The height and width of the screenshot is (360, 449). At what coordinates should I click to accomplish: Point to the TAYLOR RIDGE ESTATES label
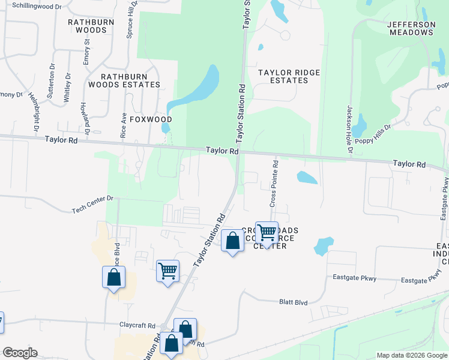289,76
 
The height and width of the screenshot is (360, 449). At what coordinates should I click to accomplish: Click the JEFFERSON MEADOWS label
411,28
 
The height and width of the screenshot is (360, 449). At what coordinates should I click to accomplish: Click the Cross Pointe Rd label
274,184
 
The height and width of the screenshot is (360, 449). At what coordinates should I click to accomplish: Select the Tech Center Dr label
92,209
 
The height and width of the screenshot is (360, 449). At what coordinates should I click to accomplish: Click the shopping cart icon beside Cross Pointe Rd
267,232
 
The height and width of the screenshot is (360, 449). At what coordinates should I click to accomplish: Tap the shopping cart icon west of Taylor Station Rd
167,270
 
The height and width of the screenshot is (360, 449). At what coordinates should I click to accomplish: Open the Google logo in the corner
19,353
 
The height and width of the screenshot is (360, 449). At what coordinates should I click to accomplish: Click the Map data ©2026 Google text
412,355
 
